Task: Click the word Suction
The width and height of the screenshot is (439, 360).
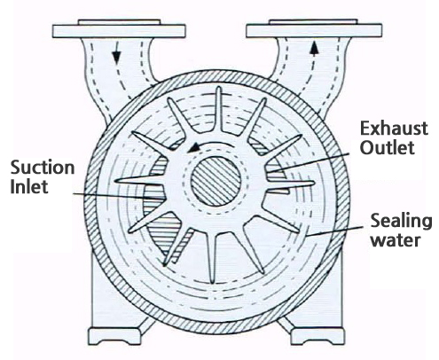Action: [43, 168]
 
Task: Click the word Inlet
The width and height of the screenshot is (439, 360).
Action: [29, 187]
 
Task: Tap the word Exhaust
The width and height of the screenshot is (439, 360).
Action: [394, 129]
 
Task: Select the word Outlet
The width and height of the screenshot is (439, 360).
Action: [387, 147]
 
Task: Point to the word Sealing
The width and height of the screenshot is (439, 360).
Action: [401, 222]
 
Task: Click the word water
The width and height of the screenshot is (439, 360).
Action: [396, 240]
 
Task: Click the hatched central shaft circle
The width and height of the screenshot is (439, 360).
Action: [216, 181]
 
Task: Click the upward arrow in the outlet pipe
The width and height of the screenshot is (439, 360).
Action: [314, 51]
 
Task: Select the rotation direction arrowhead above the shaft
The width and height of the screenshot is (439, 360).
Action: [192, 147]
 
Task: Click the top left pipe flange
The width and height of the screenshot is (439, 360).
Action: [119, 29]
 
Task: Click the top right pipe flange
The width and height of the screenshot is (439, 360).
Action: [314, 28]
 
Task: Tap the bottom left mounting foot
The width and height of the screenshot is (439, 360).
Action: [114, 336]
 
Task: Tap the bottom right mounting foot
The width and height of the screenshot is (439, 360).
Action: [317, 336]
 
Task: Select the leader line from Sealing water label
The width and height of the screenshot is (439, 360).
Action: [333, 231]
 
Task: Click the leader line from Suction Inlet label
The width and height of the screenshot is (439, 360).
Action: [119, 196]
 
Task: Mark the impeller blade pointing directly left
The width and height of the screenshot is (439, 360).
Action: [139, 180]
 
